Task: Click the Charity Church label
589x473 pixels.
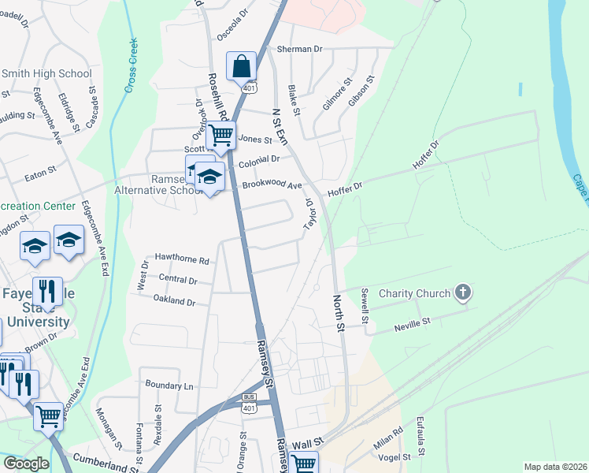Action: coord(415,293)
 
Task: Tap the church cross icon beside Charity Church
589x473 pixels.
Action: coord(462,293)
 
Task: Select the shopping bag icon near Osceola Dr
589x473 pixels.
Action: coord(241,66)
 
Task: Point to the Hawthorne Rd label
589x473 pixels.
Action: coord(182,259)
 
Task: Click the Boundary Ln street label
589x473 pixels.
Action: coord(169,385)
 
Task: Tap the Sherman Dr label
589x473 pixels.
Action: coord(300,49)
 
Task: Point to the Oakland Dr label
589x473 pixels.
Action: coord(174,301)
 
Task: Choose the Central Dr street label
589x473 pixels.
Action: coord(177,280)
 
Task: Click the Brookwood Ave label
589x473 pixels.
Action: coord(272,185)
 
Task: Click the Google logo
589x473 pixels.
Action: coord(25,464)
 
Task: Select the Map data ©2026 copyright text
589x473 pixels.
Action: coord(555,467)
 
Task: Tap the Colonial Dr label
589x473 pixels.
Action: coord(260,159)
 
